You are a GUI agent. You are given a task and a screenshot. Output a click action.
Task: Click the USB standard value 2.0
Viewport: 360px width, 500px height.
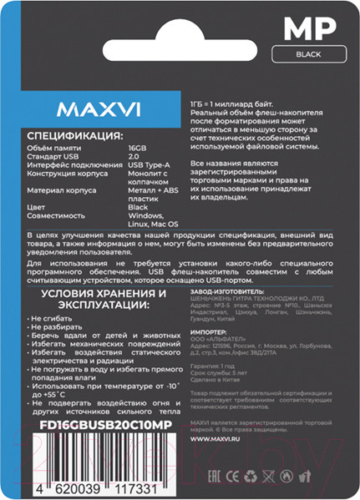point(133,156)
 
